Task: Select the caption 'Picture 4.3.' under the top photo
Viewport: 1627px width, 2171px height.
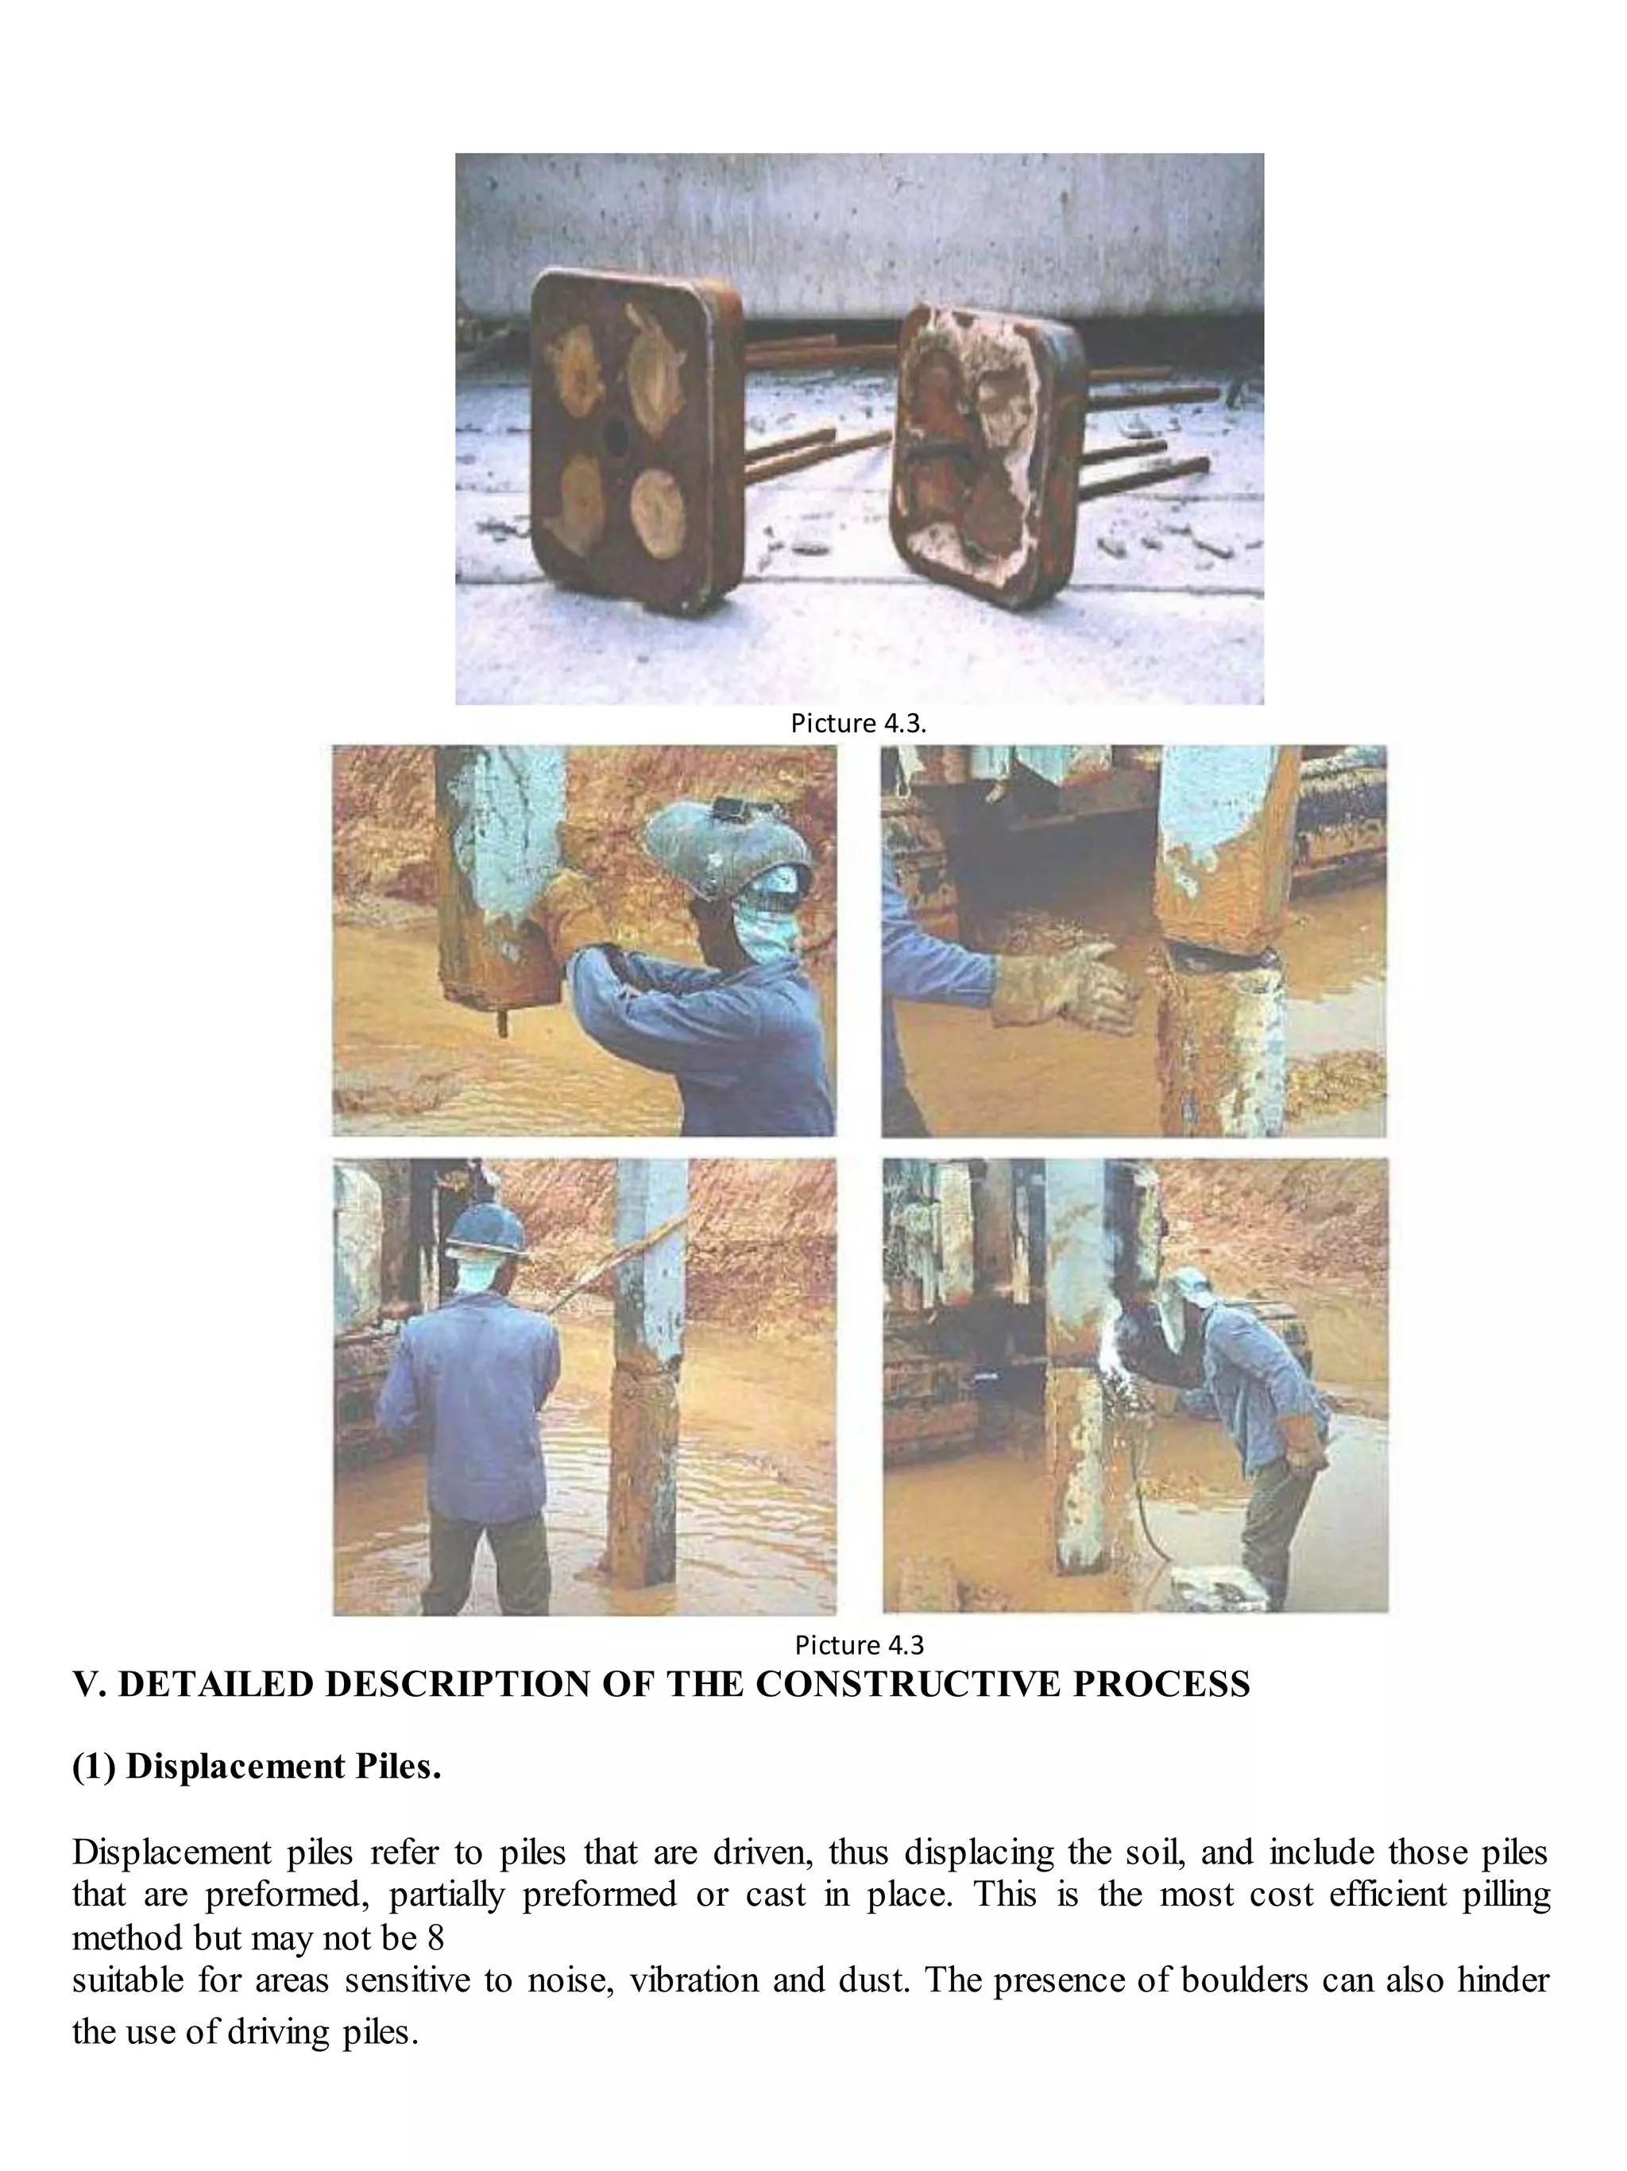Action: pos(858,724)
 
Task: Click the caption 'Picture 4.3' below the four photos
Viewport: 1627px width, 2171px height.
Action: pos(859,1644)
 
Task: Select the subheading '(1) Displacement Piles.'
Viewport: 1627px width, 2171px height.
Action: pos(256,1767)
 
